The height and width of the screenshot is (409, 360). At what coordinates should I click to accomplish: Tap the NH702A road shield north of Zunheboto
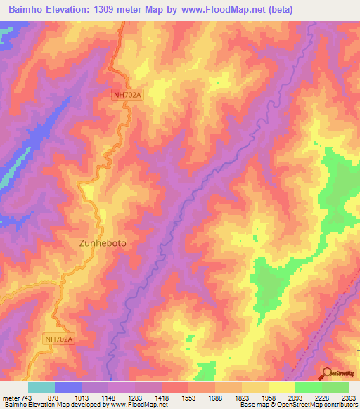(x=127, y=93)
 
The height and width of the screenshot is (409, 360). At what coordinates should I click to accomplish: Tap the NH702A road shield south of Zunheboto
(x=58, y=338)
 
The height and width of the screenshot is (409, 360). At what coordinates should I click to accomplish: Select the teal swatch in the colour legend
(x=41, y=387)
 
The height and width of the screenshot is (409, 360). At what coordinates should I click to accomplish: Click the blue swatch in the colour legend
(x=68, y=387)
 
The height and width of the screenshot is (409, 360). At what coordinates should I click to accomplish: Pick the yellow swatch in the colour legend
(x=281, y=387)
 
